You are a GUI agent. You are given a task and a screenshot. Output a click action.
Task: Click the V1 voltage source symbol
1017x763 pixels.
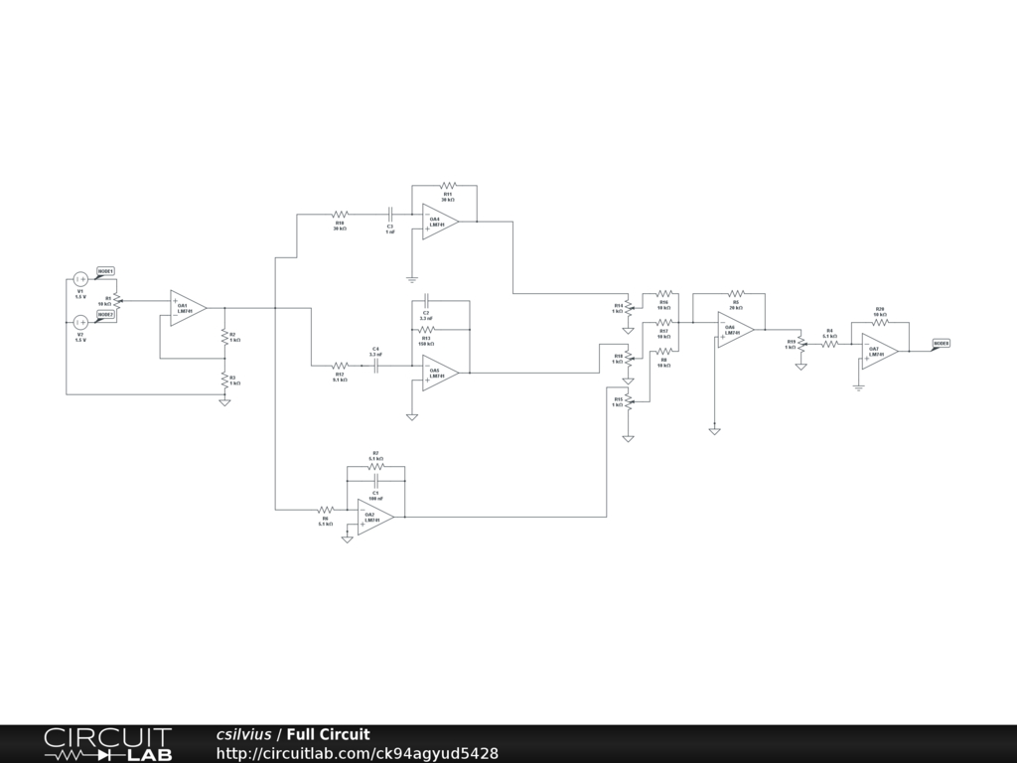point(81,279)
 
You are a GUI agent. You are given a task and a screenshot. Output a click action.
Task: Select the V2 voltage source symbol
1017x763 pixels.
point(81,322)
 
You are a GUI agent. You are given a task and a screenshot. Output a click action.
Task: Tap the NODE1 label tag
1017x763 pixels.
point(105,271)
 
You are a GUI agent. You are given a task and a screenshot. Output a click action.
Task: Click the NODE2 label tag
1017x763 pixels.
point(105,314)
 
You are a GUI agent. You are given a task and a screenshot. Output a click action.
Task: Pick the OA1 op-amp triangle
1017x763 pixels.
point(187,308)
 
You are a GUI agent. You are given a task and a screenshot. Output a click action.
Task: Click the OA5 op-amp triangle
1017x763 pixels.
point(439,373)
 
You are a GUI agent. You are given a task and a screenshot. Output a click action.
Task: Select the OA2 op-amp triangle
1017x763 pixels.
point(374,517)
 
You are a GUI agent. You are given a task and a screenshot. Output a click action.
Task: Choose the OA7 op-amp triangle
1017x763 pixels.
point(879,351)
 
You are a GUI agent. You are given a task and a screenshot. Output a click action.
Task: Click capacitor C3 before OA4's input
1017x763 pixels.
point(390,214)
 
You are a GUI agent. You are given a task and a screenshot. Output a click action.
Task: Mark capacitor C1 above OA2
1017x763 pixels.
point(375,480)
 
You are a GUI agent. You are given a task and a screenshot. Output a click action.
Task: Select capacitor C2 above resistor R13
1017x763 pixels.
point(425,300)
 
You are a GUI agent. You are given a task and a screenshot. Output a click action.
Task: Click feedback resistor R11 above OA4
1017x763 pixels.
point(447,185)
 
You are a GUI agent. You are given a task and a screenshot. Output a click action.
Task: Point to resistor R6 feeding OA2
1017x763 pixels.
point(325,510)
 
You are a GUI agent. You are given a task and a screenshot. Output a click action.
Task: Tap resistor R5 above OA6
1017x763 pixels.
point(736,293)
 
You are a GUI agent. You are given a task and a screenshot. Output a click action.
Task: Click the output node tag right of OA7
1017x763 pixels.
point(941,344)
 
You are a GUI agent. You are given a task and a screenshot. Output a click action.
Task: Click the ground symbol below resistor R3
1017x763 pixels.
point(224,401)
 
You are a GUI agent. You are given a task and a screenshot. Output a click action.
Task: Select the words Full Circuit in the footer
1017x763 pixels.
point(328,735)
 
